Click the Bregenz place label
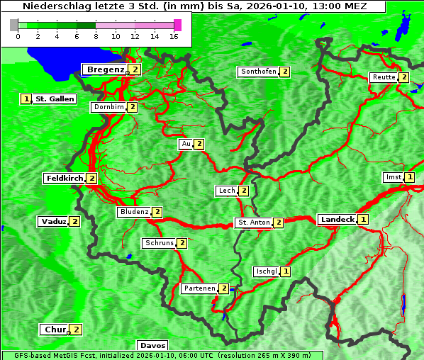click(105, 69)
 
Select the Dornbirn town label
click(108, 107)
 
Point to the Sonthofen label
click(258, 72)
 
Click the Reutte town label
click(384, 77)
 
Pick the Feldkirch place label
click(64, 179)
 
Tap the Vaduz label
click(53, 221)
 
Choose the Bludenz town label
click(134, 212)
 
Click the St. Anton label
click(253, 223)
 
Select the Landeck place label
click(337, 220)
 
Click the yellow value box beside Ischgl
click(285, 271)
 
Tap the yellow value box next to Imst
click(409, 177)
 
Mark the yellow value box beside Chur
click(76, 330)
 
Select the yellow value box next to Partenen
click(223, 288)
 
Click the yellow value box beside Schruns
click(182, 243)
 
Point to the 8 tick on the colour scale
click(96, 36)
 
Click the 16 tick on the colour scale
click(174, 36)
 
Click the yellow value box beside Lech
click(243, 191)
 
